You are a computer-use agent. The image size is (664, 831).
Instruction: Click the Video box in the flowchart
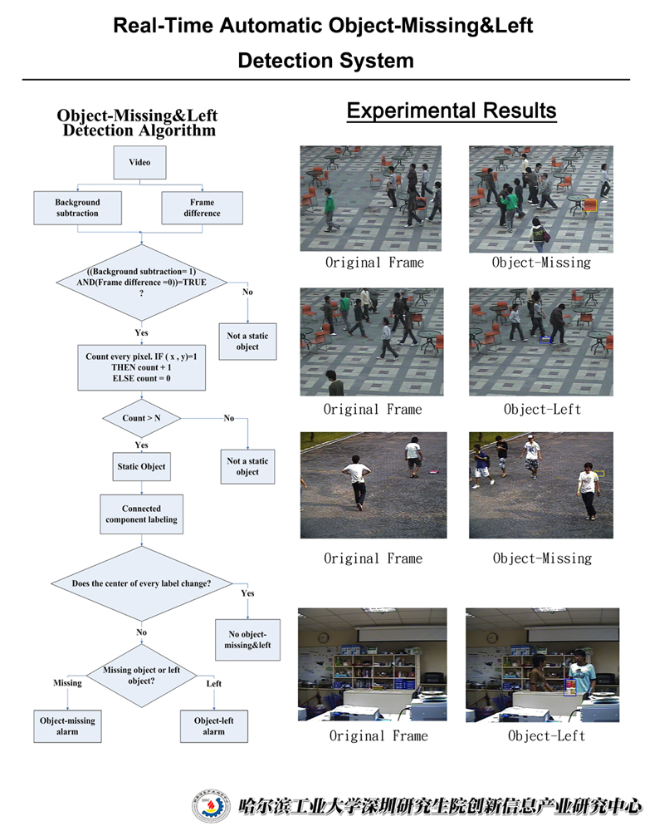139,163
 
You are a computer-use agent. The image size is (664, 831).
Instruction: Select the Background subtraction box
77,208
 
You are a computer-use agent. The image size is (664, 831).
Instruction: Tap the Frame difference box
202,208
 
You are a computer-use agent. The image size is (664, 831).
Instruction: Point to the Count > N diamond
140,418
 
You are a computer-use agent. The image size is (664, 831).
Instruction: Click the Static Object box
140,467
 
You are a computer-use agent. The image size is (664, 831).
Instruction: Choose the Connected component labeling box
140,514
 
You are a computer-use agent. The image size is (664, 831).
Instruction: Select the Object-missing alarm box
67,725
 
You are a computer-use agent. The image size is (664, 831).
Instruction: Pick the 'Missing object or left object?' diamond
140,676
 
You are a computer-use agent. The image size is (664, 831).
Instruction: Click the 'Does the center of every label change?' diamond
141,583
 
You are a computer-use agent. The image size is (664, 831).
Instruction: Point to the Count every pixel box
140,367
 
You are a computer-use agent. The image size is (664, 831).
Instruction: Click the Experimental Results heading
452,111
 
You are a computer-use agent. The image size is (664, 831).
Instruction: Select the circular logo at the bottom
212,805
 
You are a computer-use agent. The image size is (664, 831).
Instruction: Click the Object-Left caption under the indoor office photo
546,735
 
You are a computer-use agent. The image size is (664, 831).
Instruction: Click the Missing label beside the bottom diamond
67,683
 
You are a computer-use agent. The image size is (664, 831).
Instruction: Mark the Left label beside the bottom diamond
213,683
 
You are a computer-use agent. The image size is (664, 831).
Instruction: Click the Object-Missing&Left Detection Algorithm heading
137,123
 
